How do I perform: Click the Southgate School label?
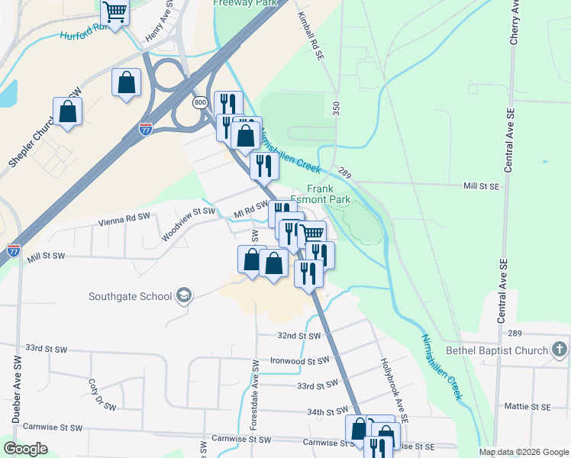[130, 296]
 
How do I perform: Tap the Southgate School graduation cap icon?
[183, 295]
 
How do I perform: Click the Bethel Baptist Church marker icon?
[560, 350]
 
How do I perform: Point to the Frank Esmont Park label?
[329, 194]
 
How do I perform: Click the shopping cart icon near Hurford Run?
[115, 13]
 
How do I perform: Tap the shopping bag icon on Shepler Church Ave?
[68, 111]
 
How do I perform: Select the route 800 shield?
[200, 102]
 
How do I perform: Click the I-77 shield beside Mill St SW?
[13, 250]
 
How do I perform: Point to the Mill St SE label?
[481, 185]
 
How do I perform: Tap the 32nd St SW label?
[298, 336]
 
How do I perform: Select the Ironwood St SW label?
[299, 360]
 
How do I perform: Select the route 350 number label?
[335, 108]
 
